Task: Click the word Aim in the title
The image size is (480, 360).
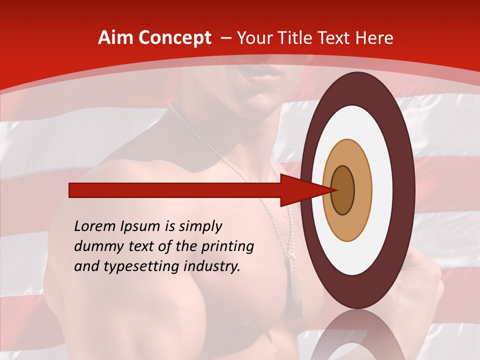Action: point(115,38)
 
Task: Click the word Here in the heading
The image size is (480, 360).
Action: point(376,38)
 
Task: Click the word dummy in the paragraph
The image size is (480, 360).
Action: point(96,246)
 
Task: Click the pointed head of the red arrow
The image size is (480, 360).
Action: point(305,190)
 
